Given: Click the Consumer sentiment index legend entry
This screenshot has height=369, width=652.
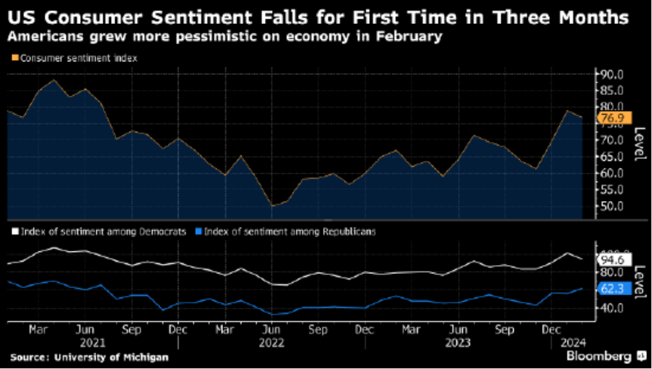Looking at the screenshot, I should pos(78,58).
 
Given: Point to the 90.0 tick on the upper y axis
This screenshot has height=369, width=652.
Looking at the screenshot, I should pos(609,74).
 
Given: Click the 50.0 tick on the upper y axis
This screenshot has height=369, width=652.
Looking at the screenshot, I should pos(609,206).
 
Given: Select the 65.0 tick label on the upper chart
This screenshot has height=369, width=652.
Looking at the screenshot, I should pos(609,157).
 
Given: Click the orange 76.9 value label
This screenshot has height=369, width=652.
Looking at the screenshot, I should pos(611,118).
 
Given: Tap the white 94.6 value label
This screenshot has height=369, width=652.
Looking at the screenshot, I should pos(611,260).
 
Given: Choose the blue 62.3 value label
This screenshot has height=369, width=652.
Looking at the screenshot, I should pos(611,290).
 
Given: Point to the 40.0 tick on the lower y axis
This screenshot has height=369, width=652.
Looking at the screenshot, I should pos(609,308).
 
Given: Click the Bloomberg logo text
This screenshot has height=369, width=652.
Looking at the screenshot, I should pos(599,356).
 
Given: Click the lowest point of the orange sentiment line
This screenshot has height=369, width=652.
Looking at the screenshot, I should pos(271,206).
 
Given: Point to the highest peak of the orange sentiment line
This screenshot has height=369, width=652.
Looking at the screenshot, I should pos(53,80).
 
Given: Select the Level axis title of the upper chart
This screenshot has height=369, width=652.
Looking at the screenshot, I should pos(638,143).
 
